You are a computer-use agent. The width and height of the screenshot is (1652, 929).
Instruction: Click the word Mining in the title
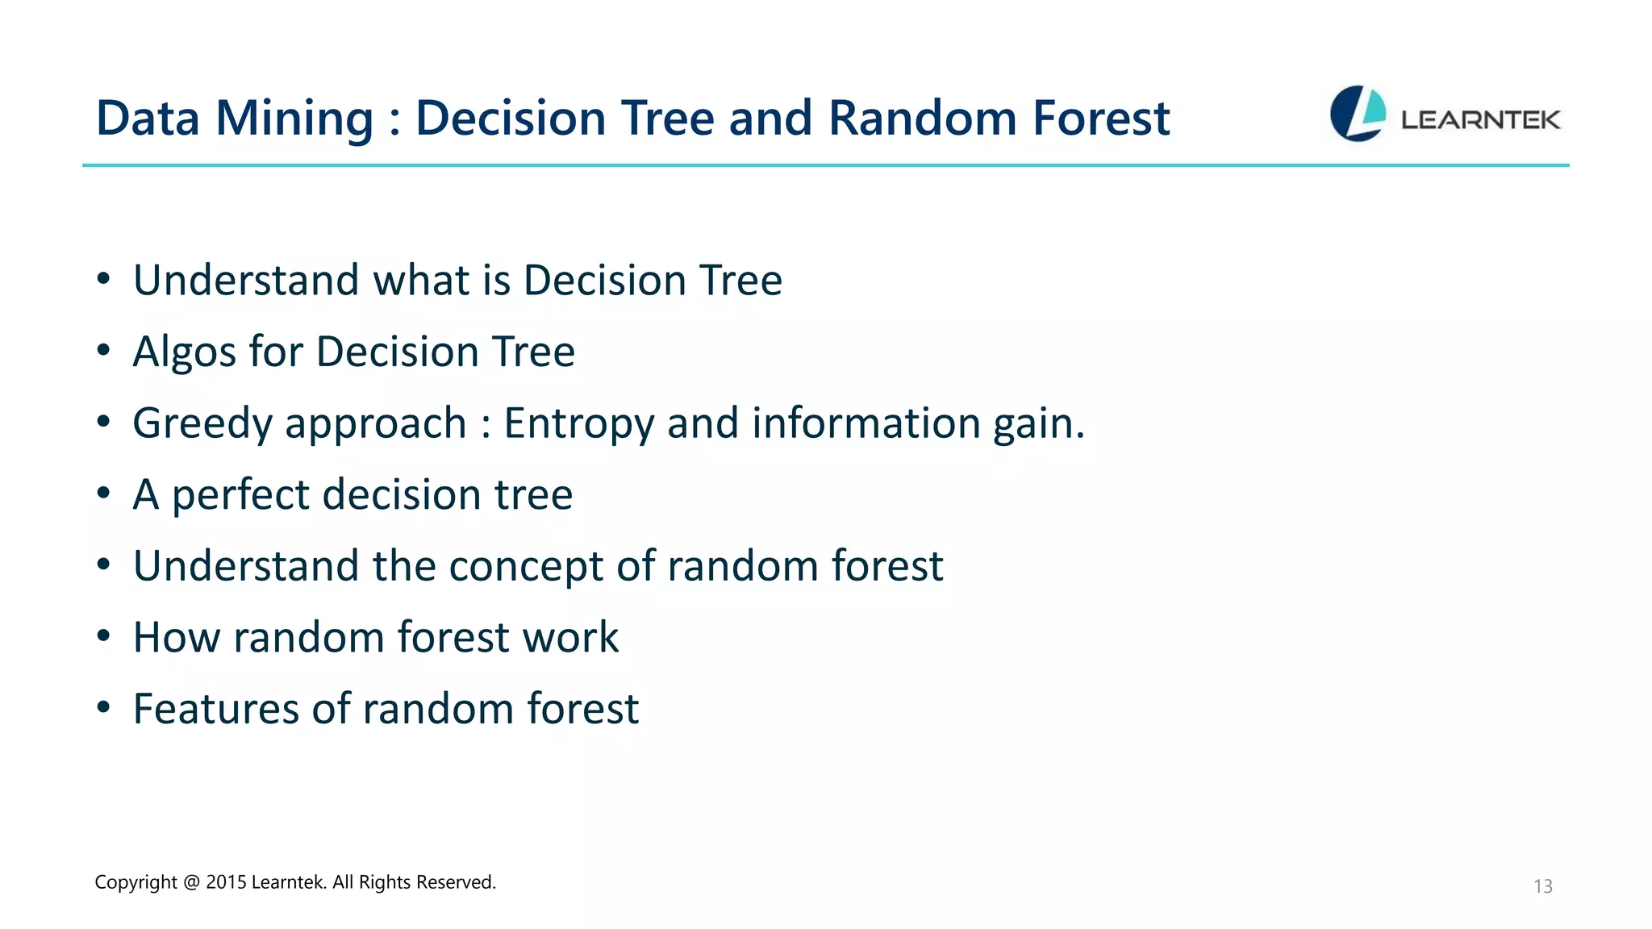point(294,119)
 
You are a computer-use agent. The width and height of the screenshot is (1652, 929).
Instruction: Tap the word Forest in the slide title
point(1101,119)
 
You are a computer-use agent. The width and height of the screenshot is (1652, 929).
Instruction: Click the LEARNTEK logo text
point(1480,120)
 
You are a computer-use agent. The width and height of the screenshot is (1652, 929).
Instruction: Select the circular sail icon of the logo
point(1358,114)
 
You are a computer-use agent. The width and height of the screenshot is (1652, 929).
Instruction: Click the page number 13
point(1542,886)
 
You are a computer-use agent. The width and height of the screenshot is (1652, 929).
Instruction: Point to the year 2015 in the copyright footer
point(226,882)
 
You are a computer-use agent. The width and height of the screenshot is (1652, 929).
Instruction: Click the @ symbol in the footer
point(191,882)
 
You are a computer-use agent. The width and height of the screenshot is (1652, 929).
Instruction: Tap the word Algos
point(184,352)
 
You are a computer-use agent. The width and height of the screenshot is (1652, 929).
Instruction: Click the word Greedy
point(202,424)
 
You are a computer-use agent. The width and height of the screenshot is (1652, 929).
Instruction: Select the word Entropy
point(578,424)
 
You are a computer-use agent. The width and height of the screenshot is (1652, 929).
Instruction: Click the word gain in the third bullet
point(1037,424)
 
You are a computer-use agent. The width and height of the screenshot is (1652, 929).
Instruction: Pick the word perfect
point(240,495)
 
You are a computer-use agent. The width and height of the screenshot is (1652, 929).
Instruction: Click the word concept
point(525,566)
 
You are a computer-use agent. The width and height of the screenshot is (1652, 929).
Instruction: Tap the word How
point(176,637)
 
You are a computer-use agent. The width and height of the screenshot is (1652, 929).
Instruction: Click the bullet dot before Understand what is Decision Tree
point(103,279)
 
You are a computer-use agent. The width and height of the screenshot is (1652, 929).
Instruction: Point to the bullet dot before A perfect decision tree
point(103,493)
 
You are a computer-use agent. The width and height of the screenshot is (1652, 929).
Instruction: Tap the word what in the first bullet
point(420,281)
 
